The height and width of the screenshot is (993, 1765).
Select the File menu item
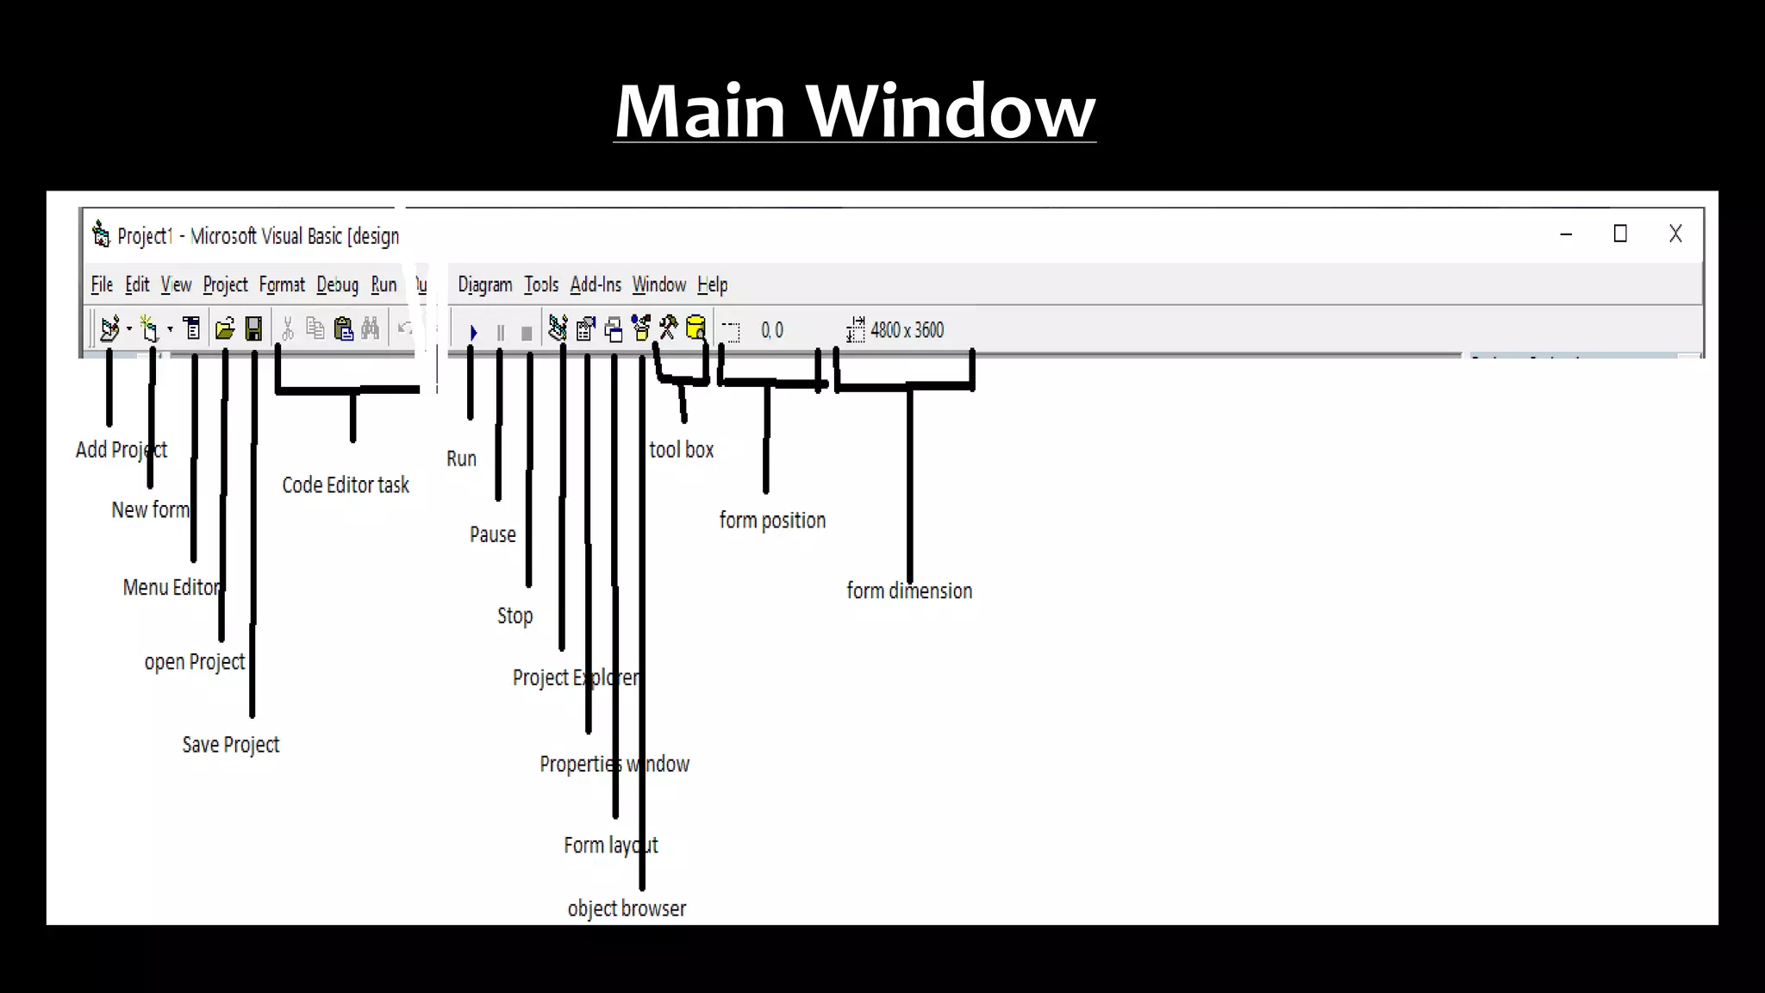102,284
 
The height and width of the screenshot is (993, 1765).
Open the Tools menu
541,284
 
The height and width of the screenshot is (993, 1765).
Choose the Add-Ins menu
596,284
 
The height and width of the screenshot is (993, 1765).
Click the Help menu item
712,284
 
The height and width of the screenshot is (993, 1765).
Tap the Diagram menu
484,284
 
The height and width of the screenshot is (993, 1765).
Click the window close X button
1675,234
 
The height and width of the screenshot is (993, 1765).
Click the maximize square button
1620,234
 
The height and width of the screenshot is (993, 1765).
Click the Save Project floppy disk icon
253,328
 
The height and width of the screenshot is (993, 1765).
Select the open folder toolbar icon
225,328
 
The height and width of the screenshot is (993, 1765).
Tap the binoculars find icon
371,328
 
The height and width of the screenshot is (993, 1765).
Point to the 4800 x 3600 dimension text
907,330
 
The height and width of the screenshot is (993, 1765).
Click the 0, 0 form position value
772,330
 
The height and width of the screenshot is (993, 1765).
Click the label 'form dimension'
909,591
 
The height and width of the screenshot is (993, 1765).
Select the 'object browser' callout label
627,909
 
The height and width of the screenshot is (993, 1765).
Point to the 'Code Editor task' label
346,485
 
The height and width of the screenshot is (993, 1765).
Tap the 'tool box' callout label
681,450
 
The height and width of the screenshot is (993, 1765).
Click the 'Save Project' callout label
230,745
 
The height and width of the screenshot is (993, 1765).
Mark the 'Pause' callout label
492,534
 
